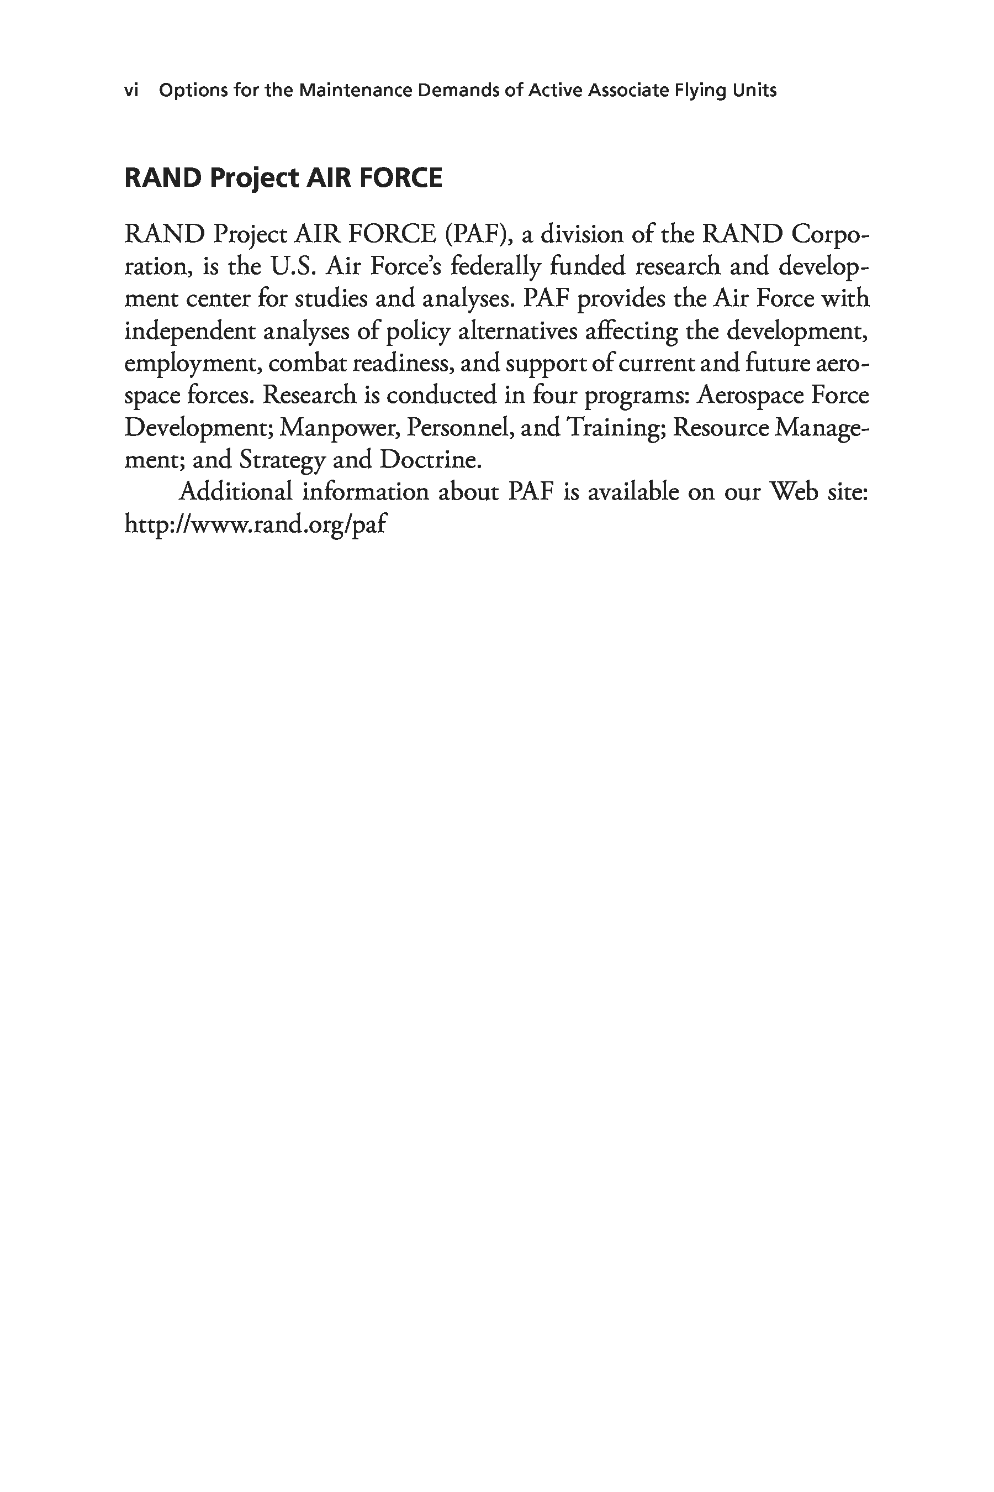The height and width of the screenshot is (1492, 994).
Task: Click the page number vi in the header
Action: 131,91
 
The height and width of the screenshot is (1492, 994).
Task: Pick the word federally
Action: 496,266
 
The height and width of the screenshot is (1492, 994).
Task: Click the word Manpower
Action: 339,428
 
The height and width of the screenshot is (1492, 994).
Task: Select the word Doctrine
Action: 430,460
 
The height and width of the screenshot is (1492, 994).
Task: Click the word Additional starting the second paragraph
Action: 236,492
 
